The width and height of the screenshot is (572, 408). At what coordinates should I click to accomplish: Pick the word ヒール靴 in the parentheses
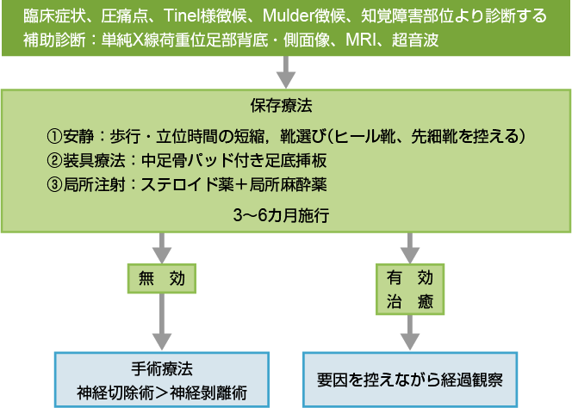click(x=365, y=137)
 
